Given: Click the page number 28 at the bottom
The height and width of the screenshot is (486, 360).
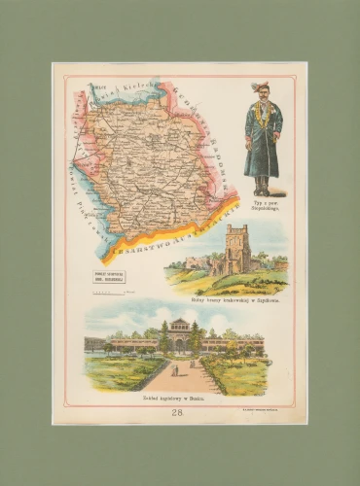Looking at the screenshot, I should click(177, 412).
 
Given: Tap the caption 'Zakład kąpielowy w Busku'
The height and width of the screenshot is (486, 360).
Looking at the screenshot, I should click(177, 399).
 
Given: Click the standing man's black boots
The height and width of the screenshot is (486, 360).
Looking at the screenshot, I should click(262, 185).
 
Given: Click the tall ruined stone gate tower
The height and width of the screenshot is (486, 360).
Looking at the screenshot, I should click(235, 251).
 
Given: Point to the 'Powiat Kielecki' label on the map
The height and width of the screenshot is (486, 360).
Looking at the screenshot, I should click(117, 92).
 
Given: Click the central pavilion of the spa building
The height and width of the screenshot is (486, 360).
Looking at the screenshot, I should click(180, 335).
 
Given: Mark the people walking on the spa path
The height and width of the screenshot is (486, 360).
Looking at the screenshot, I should click(176, 370).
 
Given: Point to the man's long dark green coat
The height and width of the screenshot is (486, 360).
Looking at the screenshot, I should click(262, 146).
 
